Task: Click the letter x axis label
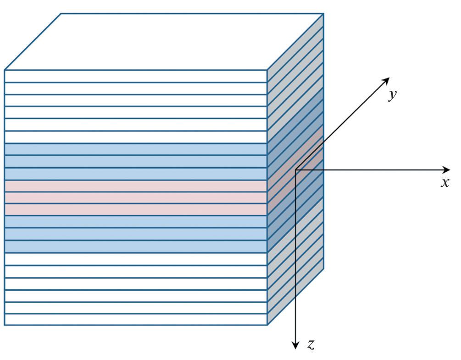[x=444, y=183]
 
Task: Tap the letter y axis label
[x=392, y=95]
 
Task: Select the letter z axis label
[x=311, y=344]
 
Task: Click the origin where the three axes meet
[x=296, y=170]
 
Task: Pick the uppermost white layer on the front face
[x=135, y=76]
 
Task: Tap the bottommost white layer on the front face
[x=135, y=320]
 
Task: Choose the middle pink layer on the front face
[x=135, y=197]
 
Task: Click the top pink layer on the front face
[x=135, y=186]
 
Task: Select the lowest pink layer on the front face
[x=135, y=209]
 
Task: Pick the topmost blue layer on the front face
[x=135, y=149]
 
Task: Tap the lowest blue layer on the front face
[x=135, y=246]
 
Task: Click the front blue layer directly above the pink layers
[x=135, y=174]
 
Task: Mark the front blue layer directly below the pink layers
[x=135, y=222]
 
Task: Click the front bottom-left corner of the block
[x=5, y=325]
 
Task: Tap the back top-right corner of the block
[x=324, y=14]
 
